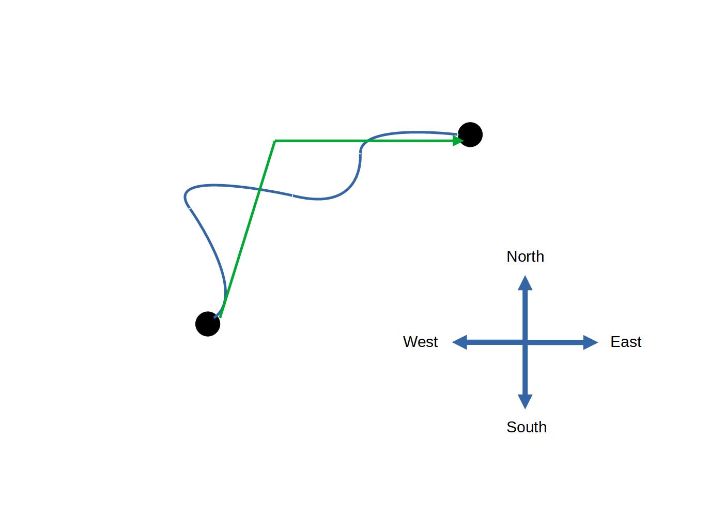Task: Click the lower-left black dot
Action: tap(208, 324)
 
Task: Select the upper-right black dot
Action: tap(470, 134)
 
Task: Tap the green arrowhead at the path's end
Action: tap(458, 140)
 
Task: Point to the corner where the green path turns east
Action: tap(275, 141)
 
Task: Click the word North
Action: tap(525, 256)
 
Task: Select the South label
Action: tap(526, 427)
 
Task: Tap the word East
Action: tap(625, 342)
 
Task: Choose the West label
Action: tap(420, 342)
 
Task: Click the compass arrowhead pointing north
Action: tap(525, 282)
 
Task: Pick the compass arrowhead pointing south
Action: tap(525, 401)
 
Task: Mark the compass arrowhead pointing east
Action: tap(591, 342)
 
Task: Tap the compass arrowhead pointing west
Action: tap(459, 342)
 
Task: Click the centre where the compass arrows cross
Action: tap(525, 342)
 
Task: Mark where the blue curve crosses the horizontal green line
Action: tap(366, 141)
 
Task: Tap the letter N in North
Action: tap(511, 256)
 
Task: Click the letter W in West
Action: tap(409, 342)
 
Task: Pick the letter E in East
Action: tap(614, 342)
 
